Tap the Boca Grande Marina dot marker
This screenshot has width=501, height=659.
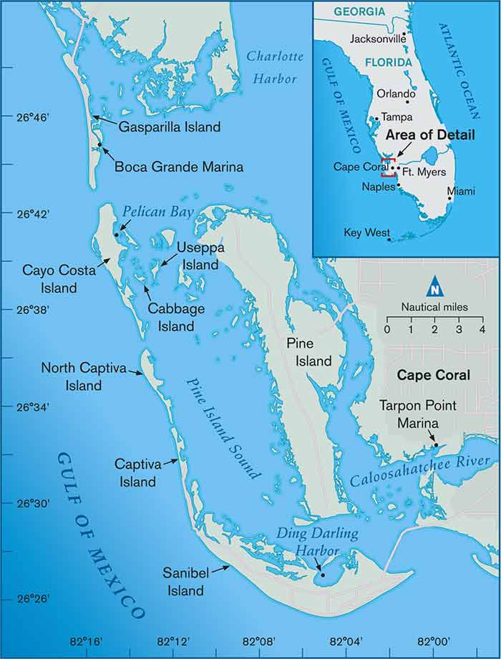pos(100,146)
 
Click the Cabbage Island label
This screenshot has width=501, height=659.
pos(171,317)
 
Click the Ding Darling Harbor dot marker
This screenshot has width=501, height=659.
pos(322,574)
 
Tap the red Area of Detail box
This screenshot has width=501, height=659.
pos(389,167)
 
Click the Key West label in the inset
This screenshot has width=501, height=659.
pos(367,233)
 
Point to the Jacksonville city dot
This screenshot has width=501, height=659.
pos(405,34)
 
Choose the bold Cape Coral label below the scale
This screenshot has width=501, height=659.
pos(434,375)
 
